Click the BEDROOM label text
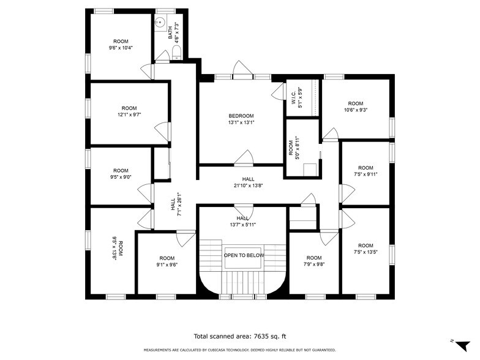click(241, 116)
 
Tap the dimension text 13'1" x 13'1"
click(241, 122)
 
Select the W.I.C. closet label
click(293, 96)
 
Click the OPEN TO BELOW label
click(244, 255)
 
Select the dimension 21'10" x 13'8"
click(248, 186)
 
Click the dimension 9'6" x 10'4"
click(121, 48)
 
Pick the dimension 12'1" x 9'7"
click(129, 114)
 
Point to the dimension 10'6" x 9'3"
click(355, 110)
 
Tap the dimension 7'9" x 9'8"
click(313, 264)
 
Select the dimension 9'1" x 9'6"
click(167, 264)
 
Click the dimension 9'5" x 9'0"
click(121, 178)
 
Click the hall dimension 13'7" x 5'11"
click(242, 225)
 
